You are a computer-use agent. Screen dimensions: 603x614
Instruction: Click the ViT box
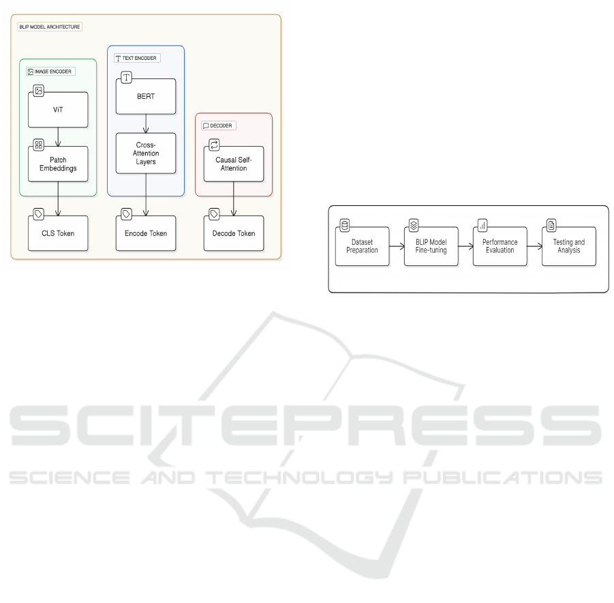coord(58,109)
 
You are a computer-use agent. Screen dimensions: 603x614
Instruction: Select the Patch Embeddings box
coord(58,164)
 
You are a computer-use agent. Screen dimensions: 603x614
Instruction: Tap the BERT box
coord(146,96)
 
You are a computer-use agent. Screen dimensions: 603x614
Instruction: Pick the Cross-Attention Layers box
coord(146,153)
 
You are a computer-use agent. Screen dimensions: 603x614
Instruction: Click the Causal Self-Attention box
coord(234,164)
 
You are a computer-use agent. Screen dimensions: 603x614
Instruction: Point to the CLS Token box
coord(58,233)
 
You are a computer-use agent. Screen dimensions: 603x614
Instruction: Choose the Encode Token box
coord(146,233)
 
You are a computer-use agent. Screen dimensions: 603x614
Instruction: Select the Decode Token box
coord(234,233)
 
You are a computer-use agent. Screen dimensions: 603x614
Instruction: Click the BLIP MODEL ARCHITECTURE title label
coord(50,27)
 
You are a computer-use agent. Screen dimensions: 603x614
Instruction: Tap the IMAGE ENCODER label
coord(50,71)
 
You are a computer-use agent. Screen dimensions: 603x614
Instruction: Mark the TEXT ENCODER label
coord(137,58)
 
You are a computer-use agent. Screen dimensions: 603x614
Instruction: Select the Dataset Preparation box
coord(362,246)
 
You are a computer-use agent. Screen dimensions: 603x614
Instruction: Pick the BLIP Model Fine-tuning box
coord(431,246)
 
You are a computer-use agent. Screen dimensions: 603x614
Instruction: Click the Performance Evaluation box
coord(500,246)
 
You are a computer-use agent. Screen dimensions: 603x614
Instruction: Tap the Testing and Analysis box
coord(569,246)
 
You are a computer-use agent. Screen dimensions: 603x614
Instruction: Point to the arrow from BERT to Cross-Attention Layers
coord(146,123)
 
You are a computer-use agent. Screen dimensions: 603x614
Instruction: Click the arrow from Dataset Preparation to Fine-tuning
coord(396,246)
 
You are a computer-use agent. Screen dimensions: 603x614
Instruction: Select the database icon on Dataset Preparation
coord(344,225)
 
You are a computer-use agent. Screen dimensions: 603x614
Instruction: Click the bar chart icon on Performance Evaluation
coord(482,225)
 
